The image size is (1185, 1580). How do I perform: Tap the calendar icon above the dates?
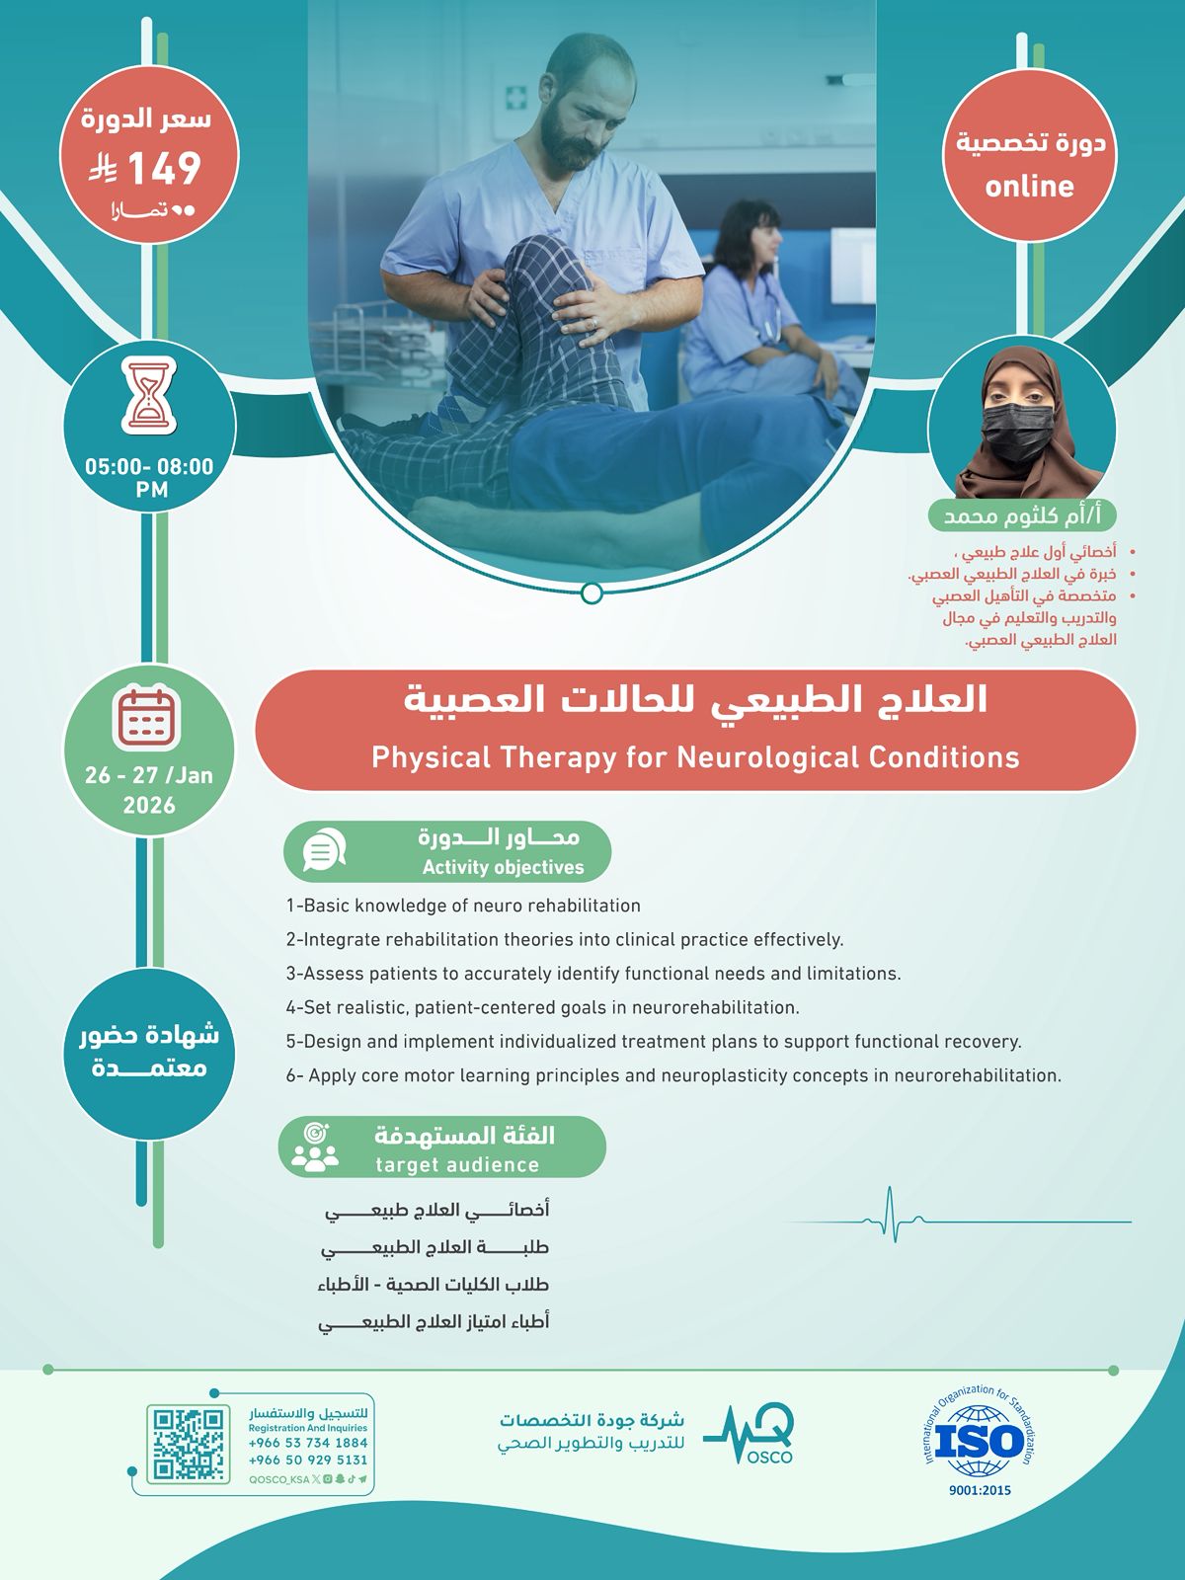[x=147, y=717]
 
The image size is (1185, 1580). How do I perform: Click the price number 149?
[x=164, y=169]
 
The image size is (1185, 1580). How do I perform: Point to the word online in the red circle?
[x=1029, y=187]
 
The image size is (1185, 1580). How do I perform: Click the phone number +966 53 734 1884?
[x=308, y=1443]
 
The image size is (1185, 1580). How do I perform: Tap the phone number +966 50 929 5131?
[x=308, y=1460]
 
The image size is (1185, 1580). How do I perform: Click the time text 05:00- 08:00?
[x=149, y=466]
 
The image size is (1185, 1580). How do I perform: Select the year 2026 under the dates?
[x=149, y=805]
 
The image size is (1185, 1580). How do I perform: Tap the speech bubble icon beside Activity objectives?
[x=324, y=850]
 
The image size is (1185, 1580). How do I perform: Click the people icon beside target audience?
[x=315, y=1147]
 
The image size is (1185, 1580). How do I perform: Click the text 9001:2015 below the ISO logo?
[x=980, y=1490]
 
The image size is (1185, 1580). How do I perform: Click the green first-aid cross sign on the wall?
[x=515, y=97]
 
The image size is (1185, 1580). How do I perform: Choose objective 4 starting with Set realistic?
[x=542, y=1008]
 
